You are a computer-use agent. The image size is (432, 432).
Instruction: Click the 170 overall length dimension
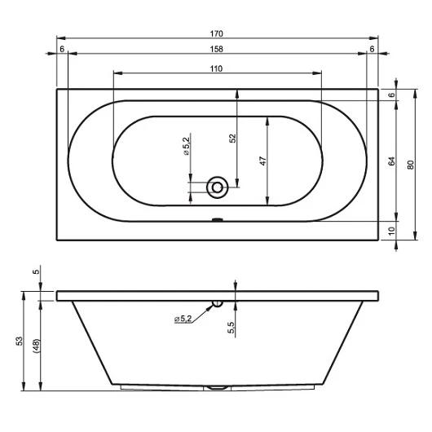pos(216,33)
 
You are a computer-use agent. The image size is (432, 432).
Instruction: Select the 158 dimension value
pos(216,49)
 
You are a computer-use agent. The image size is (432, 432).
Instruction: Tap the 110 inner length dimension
pos(216,68)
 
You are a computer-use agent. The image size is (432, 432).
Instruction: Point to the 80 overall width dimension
pos(411,165)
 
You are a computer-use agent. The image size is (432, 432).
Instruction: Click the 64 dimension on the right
pos(391,161)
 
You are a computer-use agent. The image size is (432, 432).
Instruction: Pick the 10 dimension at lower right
pos(391,231)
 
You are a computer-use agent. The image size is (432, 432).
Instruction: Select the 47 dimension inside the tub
pos(263,161)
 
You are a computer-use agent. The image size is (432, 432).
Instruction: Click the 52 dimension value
pos(233,138)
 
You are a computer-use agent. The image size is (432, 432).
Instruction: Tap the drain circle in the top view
pos(218,187)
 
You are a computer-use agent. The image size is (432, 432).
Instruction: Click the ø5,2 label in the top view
pos(187,146)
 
